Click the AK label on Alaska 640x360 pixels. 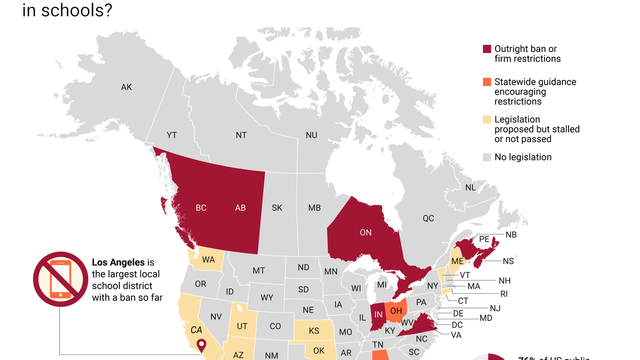[126, 87]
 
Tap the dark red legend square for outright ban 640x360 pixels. [487, 49]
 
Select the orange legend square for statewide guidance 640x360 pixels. [487, 82]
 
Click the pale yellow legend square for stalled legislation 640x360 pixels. [487, 120]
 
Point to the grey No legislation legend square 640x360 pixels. [487, 157]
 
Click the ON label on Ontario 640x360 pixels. [365, 232]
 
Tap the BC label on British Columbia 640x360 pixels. [201, 208]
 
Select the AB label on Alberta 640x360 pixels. [240, 208]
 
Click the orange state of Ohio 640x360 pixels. [396, 311]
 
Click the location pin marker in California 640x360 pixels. [201, 345]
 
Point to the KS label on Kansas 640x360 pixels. [314, 331]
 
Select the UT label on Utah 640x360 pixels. [242, 326]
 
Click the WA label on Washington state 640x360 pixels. [208, 260]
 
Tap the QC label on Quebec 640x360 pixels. [428, 218]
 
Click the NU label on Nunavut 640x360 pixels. [311, 135]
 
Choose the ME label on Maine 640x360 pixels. [457, 261]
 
